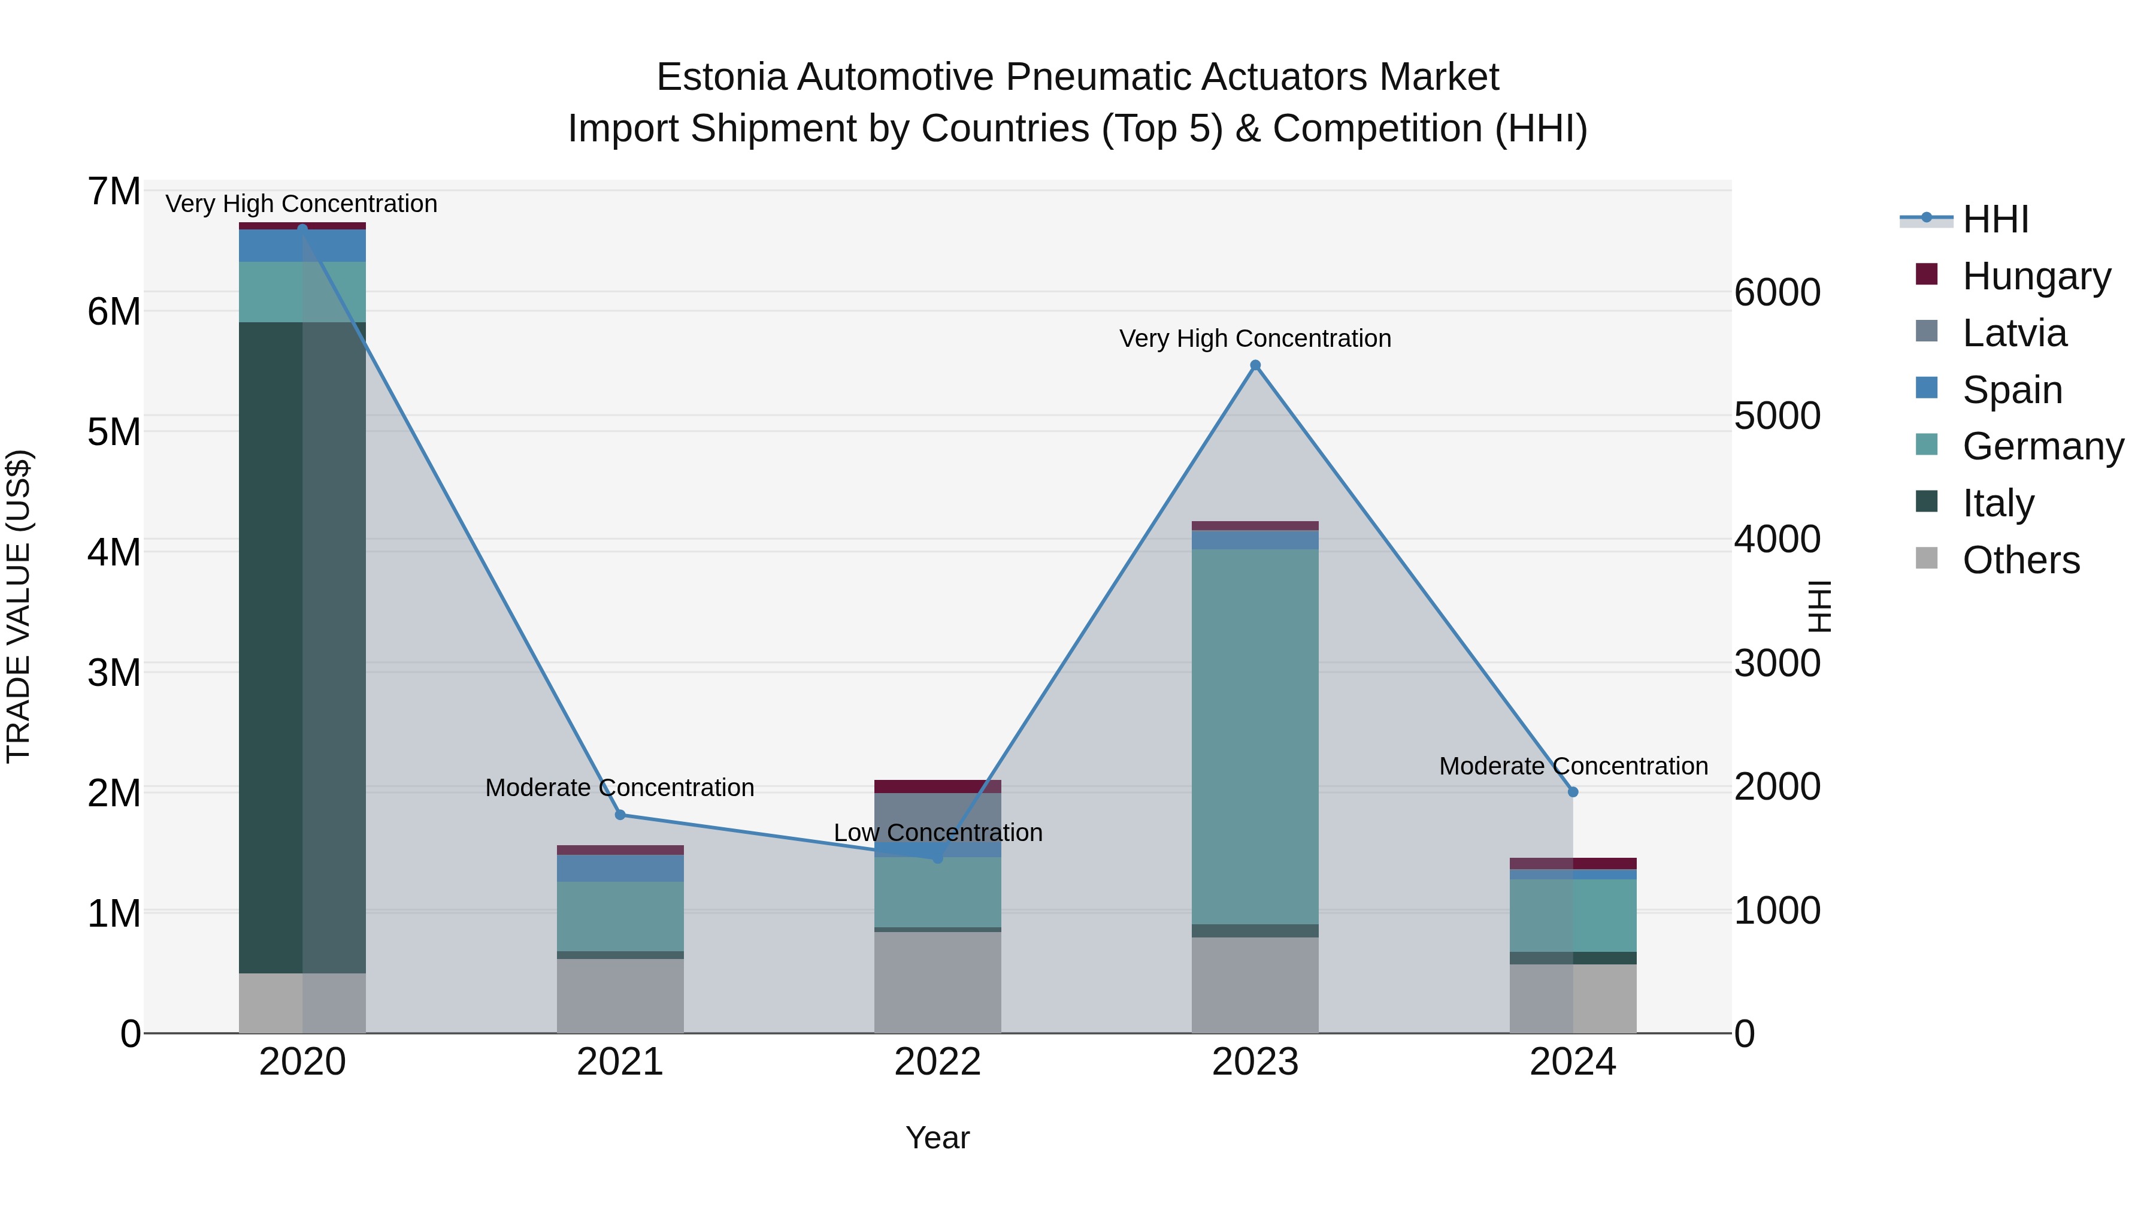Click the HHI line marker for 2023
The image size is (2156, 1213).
click(x=1255, y=365)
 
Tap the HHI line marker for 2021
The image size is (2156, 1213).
click(x=620, y=815)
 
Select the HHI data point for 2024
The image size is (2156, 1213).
click(x=1573, y=792)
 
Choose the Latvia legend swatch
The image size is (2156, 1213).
click(x=1927, y=331)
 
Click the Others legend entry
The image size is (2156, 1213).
click(x=2021, y=560)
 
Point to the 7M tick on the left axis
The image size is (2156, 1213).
click(x=114, y=192)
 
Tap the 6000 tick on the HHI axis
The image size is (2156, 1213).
click(x=1777, y=293)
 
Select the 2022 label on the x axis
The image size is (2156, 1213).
click(x=937, y=1062)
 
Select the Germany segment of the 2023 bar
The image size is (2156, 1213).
click(x=1255, y=737)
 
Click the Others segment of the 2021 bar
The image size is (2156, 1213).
click(x=620, y=996)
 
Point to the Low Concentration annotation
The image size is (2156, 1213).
click(x=937, y=833)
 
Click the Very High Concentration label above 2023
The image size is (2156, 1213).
click(x=1255, y=339)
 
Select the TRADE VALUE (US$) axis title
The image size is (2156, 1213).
click(x=19, y=606)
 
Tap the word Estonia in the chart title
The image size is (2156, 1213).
click(x=722, y=77)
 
